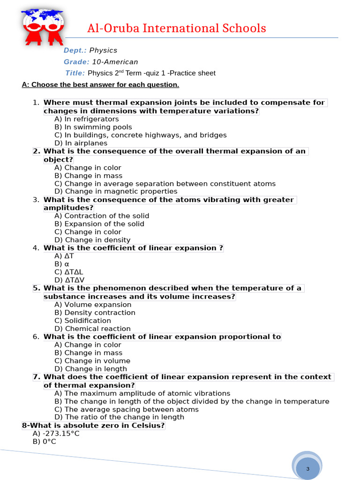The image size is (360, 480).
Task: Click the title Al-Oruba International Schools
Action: pyautogui.click(x=177, y=29)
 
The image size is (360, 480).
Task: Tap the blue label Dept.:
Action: pyautogui.click(x=75, y=50)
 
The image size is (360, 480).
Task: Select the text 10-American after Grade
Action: pyautogui.click(x=115, y=62)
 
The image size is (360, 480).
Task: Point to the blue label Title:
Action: pyautogui.click(x=75, y=73)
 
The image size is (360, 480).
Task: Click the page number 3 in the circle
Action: pyautogui.click(x=308, y=469)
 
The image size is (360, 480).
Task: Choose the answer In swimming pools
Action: pyautogui.click(x=93, y=127)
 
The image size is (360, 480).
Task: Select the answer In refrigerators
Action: pyautogui.click(x=87, y=119)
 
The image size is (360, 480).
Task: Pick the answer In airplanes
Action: pyautogui.click(x=81, y=143)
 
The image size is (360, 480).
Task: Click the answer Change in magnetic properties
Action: pyautogui.click(x=116, y=191)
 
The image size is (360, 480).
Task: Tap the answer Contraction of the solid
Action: pyautogui.click(x=102, y=216)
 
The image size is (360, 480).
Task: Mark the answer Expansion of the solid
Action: pyautogui.click(x=99, y=224)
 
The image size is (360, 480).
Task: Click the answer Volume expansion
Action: pyautogui.click(x=93, y=305)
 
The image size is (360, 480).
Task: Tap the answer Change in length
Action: pyautogui.click(x=90, y=369)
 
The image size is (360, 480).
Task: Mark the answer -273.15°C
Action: pyautogui.click(x=56, y=434)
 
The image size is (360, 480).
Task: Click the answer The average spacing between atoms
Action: pyautogui.click(x=127, y=409)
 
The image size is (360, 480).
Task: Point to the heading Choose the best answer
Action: pyautogui.click(x=100, y=85)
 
